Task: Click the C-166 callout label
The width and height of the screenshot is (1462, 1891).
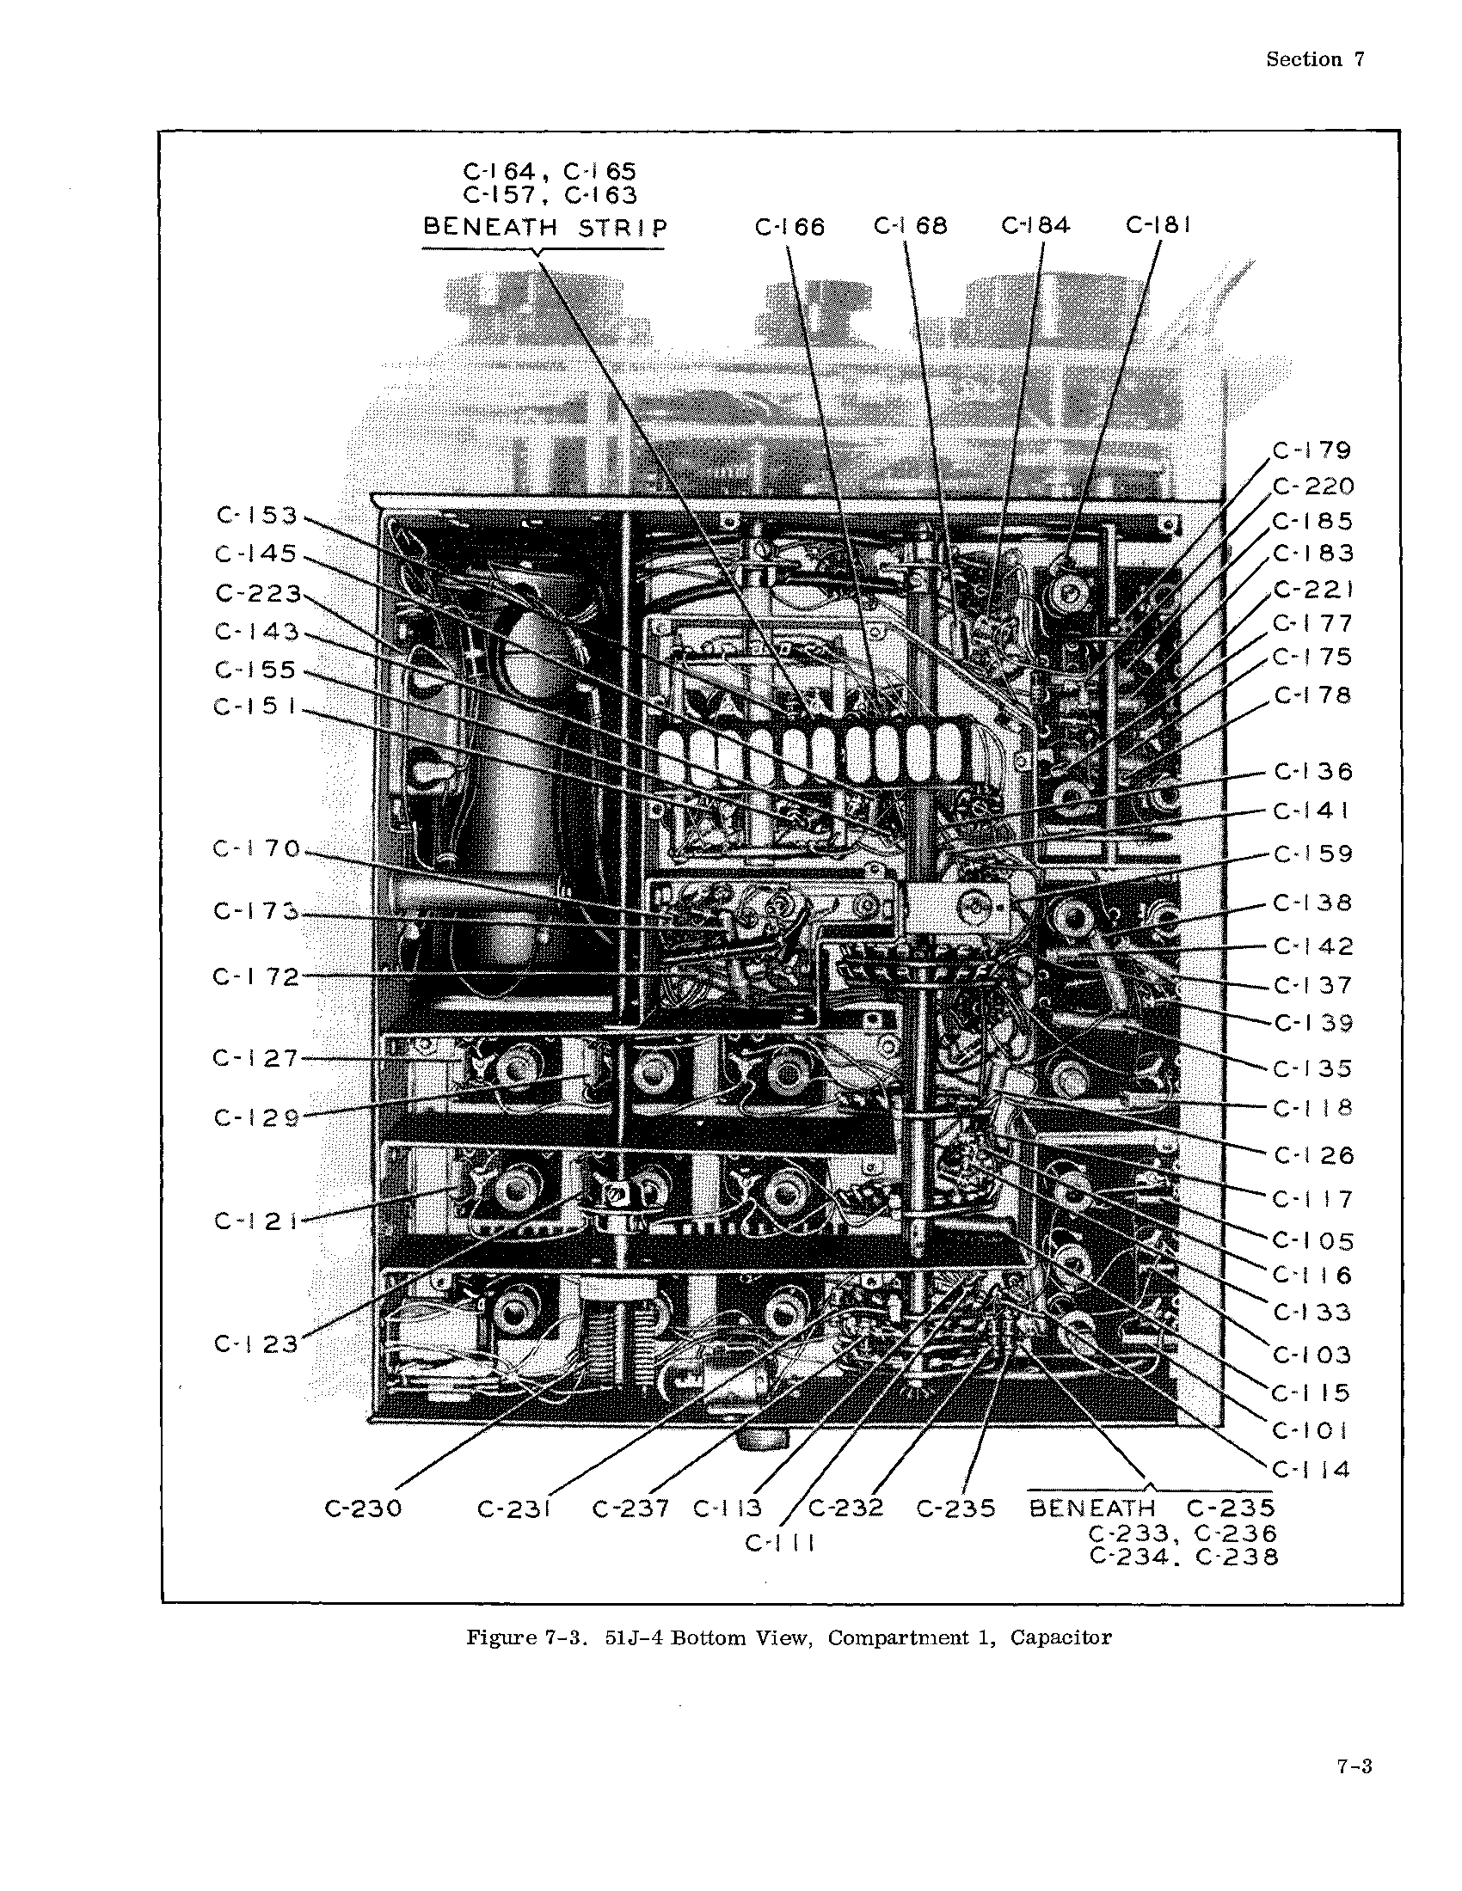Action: coord(789,227)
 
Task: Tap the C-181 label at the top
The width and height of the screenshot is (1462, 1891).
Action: coord(1159,225)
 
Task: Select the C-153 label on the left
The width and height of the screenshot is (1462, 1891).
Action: coord(256,516)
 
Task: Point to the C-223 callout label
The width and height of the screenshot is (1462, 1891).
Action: coord(258,594)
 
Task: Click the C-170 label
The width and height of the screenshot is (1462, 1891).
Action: coord(256,848)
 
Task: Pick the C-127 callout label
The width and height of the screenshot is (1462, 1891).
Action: coord(255,1058)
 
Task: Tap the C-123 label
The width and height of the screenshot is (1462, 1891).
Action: coord(256,1343)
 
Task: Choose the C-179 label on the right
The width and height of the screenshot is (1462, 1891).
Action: coord(1312,450)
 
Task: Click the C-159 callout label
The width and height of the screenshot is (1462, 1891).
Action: coord(1313,854)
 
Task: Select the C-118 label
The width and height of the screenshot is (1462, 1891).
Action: coord(1313,1108)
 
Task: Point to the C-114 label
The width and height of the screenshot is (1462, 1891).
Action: coord(1311,1469)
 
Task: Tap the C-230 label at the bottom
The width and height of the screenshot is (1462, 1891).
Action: coord(364,1509)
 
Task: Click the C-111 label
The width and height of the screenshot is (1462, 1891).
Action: coord(779,1543)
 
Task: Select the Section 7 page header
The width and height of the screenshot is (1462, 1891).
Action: coord(1316,58)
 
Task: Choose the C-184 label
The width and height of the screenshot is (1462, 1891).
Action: coord(1036,225)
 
